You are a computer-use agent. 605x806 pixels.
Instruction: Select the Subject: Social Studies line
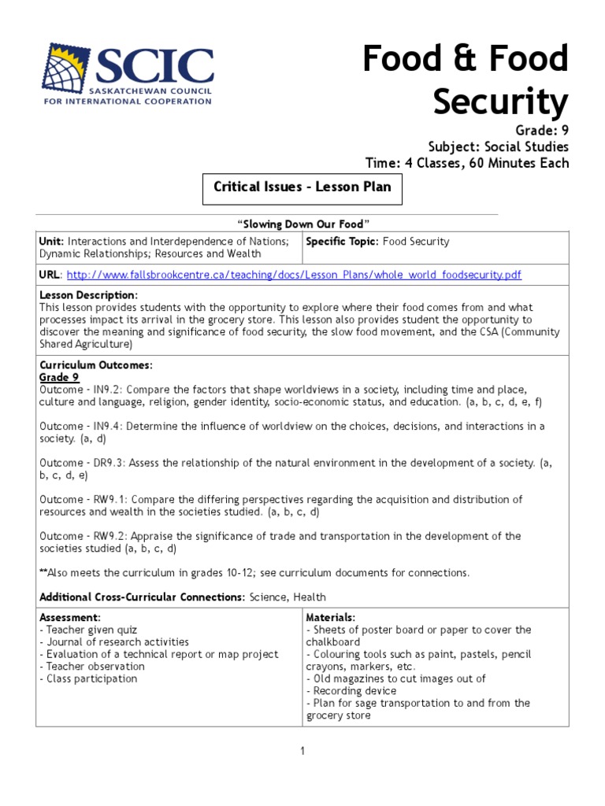pyautogui.click(x=498, y=146)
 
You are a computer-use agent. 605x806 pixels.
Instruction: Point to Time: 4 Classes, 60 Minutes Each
pyautogui.click(x=466, y=163)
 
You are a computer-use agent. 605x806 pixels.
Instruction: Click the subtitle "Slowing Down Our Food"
pyautogui.click(x=303, y=224)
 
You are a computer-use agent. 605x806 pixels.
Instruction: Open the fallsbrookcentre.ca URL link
pyautogui.click(x=294, y=275)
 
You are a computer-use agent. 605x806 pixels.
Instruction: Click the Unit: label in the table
pyautogui.click(x=52, y=242)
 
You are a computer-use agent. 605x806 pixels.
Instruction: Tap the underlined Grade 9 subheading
pyautogui.click(x=59, y=377)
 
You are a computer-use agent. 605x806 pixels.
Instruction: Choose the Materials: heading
pyautogui.click(x=330, y=617)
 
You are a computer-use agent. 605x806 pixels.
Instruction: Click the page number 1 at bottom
pyautogui.click(x=302, y=752)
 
